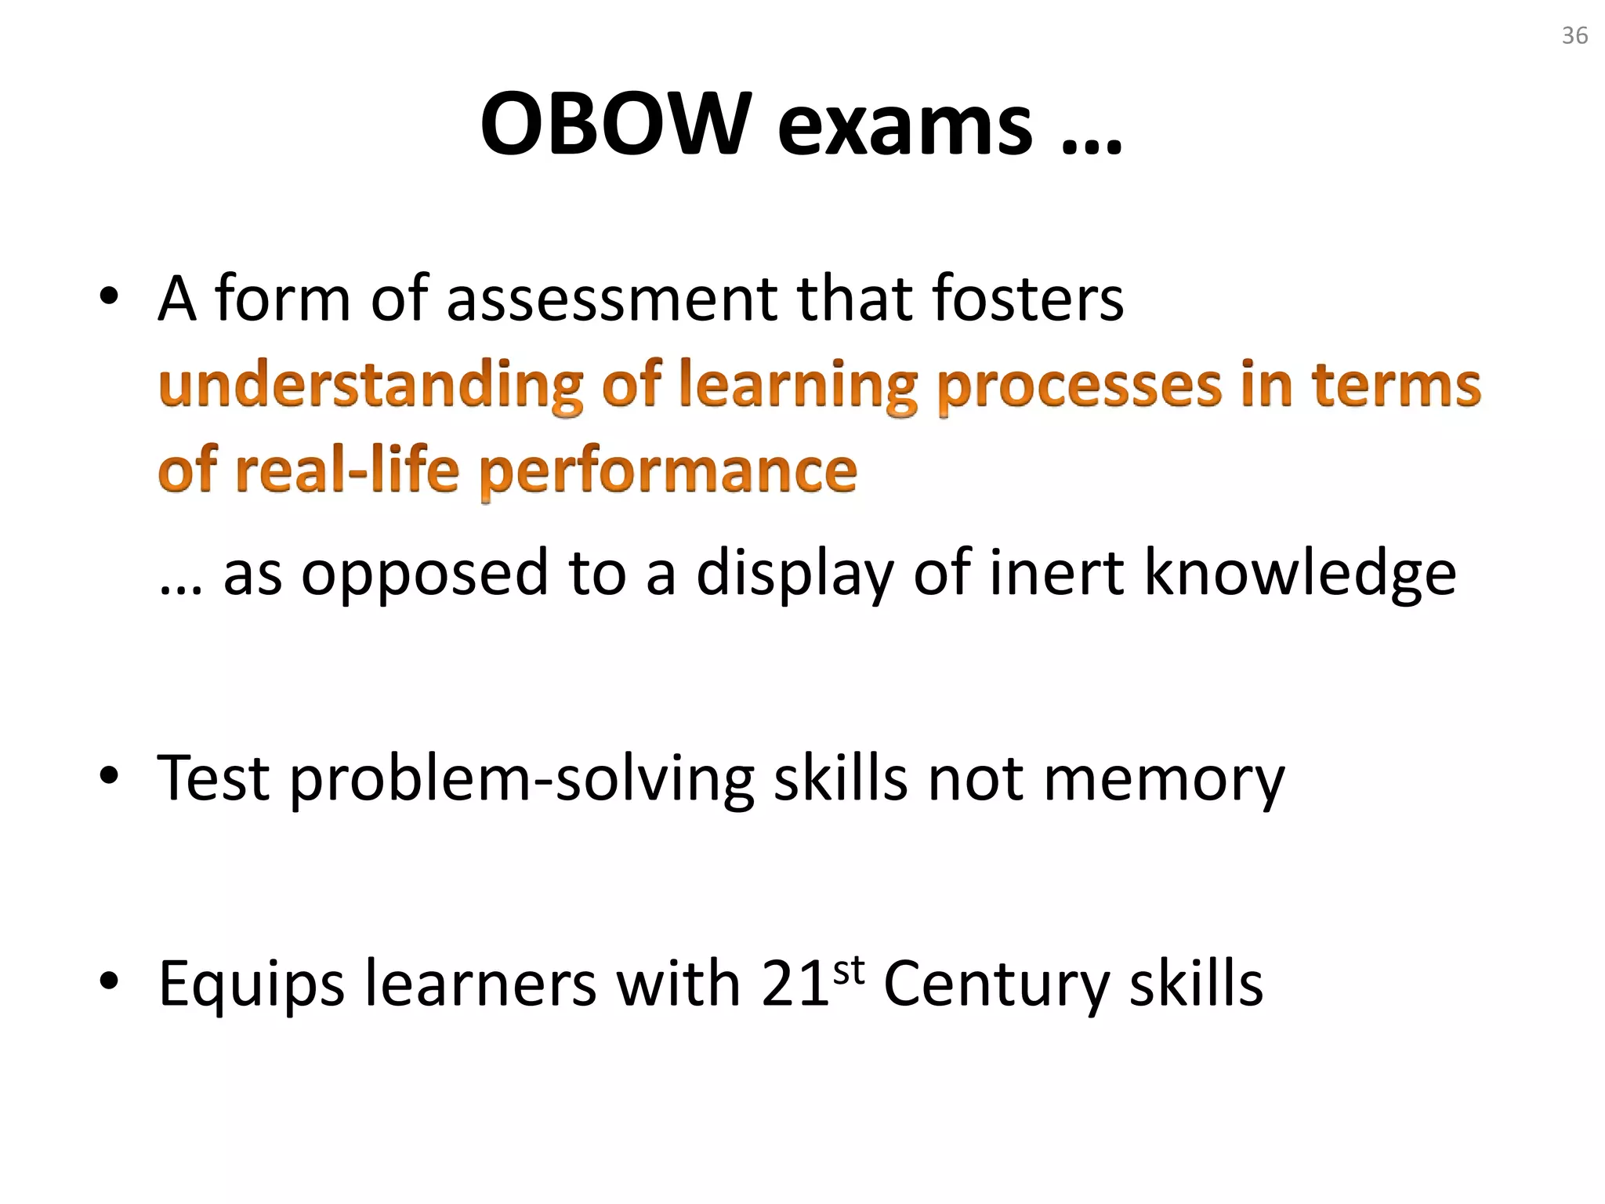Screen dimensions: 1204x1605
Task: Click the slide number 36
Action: [x=1574, y=36]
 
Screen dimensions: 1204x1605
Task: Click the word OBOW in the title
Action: [x=611, y=125]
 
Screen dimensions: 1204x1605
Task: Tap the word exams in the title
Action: [x=905, y=125]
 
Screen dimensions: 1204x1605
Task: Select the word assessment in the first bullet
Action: [x=612, y=299]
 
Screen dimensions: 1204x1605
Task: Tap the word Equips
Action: [x=252, y=986]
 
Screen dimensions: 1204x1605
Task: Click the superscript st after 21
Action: [x=849, y=971]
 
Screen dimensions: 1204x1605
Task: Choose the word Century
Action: [x=997, y=985]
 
